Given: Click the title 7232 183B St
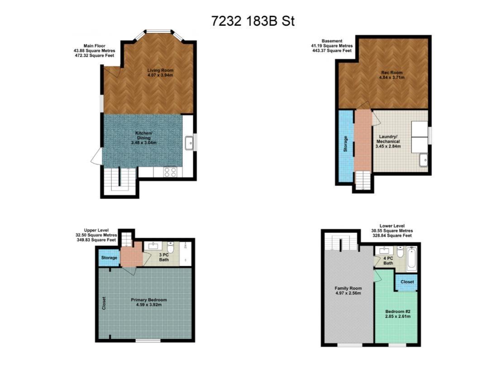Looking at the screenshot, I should [x=253, y=21].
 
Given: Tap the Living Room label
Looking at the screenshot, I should [x=160, y=73].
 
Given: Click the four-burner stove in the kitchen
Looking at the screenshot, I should [x=170, y=172].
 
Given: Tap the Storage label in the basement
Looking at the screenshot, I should [x=346, y=144].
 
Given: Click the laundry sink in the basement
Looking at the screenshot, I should [x=423, y=160].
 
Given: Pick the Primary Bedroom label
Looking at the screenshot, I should [x=148, y=302].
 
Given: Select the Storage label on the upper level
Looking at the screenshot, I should [x=109, y=258].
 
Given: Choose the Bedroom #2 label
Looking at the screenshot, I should [x=397, y=314].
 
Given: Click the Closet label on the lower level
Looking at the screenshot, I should [x=407, y=282].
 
